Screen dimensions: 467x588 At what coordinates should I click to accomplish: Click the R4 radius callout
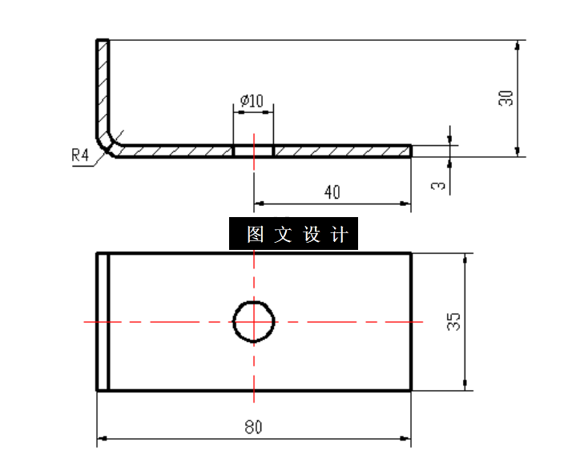79,155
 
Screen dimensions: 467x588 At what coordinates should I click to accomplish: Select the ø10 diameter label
252,101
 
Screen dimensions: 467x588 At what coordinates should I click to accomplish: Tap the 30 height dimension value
505,99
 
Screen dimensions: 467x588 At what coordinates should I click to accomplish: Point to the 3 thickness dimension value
437,186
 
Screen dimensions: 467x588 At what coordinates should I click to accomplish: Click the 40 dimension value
332,192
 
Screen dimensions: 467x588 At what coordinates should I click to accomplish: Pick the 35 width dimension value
453,322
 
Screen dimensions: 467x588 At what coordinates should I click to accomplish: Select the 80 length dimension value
253,427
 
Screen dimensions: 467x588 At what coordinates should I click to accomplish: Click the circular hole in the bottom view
254,322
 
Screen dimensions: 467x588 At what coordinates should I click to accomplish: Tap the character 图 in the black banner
256,235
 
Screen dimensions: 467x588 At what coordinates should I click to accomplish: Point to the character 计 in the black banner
339,235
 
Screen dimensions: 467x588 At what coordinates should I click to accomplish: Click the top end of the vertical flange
103,41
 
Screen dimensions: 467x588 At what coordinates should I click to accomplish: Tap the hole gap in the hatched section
253,151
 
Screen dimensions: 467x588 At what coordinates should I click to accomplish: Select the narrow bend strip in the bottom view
103,322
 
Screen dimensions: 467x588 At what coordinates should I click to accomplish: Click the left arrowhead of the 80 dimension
101,439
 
